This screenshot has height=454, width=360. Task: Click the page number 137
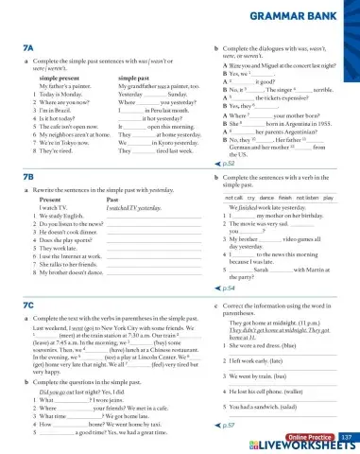point(345,436)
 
